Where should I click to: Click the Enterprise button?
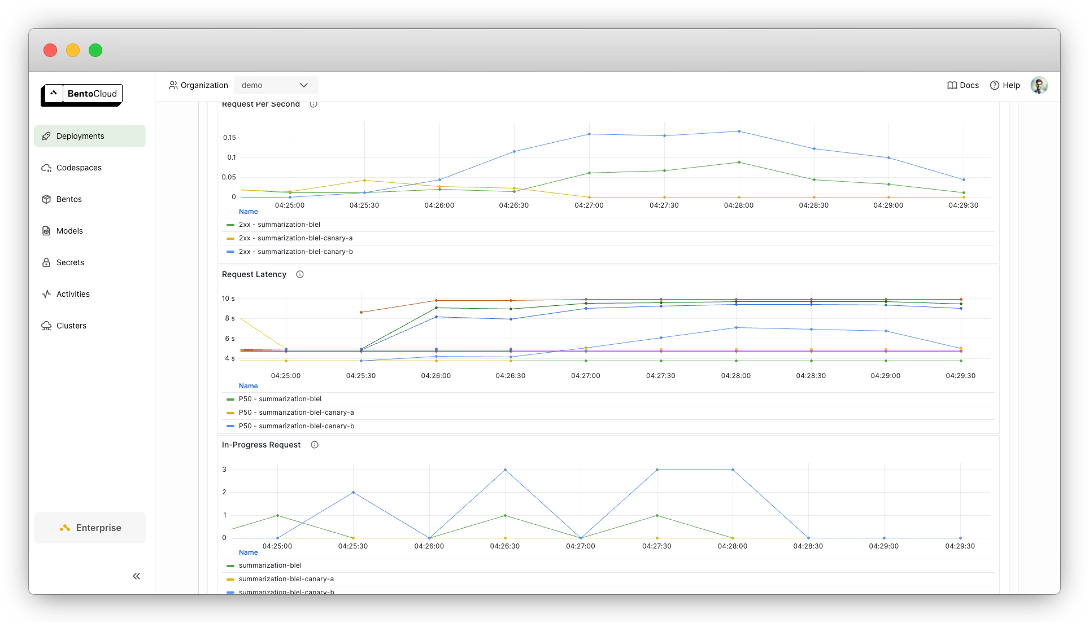pos(90,528)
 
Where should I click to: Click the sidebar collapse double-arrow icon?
pos(136,576)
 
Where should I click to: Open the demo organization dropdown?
pos(276,85)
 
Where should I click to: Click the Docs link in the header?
pos(963,85)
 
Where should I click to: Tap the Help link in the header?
pos(1005,85)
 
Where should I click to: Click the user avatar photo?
pos(1039,85)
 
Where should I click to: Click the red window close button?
pos(50,50)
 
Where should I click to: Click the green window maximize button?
pos(95,50)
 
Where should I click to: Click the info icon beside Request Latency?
pos(300,274)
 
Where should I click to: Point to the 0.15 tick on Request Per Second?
pos(229,138)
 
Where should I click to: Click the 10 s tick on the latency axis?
pos(228,299)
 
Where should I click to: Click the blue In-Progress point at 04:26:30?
pos(505,470)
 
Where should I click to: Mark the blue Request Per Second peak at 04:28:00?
pos(739,131)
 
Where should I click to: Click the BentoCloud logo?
pos(81,95)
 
